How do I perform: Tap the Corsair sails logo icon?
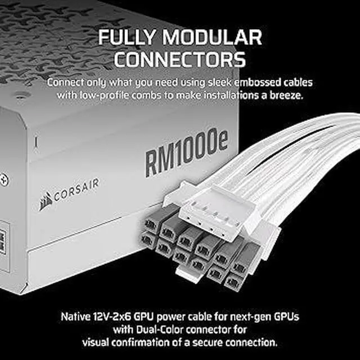pyautogui.click(x=46, y=201)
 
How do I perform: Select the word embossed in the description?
pyautogui.click(x=245, y=82)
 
